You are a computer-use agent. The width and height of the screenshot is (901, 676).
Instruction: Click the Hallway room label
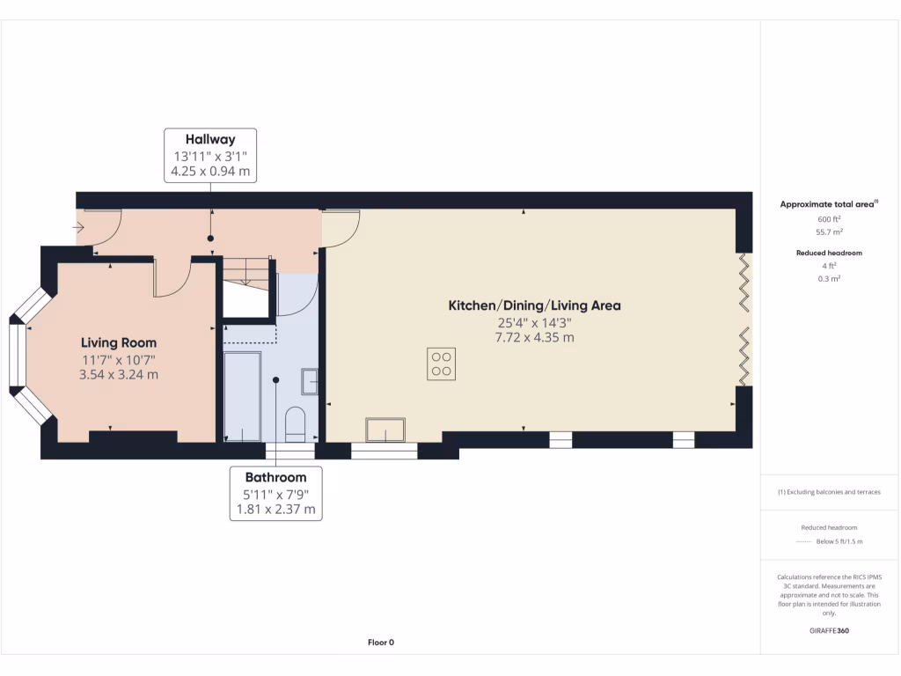(x=210, y=139)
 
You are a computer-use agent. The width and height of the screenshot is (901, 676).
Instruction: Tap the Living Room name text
(x=119, y=342)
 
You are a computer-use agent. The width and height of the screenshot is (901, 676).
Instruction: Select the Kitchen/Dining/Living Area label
(x=534, y=305)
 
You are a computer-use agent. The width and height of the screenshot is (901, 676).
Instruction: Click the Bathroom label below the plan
(x=275, y=477)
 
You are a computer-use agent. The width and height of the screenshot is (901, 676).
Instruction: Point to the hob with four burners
(x=442, y=364)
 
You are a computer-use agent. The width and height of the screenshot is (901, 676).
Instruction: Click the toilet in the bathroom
(x=295, y=423)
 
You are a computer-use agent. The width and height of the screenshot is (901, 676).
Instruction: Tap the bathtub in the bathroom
(x=242, y=396)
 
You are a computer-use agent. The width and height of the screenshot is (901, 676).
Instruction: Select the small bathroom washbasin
(x=310, y=380)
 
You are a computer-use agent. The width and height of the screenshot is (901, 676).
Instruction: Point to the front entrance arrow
(x=79, y=227)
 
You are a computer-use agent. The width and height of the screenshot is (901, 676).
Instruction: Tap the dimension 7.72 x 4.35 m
(x=534, y=337)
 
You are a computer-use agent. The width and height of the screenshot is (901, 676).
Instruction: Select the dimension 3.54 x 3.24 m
(x=119, y=374)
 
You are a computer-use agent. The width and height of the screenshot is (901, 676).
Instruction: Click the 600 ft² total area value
(x=830, y=219)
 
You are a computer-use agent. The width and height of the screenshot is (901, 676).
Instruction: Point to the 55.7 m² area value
(x=830, y=232)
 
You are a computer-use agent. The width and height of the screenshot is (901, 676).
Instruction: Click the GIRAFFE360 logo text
(x=829, y=630)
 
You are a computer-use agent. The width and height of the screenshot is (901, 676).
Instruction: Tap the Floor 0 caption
(x=380, y=643)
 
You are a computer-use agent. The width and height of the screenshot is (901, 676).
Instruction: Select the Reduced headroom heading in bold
(x=829, y=253)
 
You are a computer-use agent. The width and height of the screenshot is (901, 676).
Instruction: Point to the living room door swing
(x=172, y=279)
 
